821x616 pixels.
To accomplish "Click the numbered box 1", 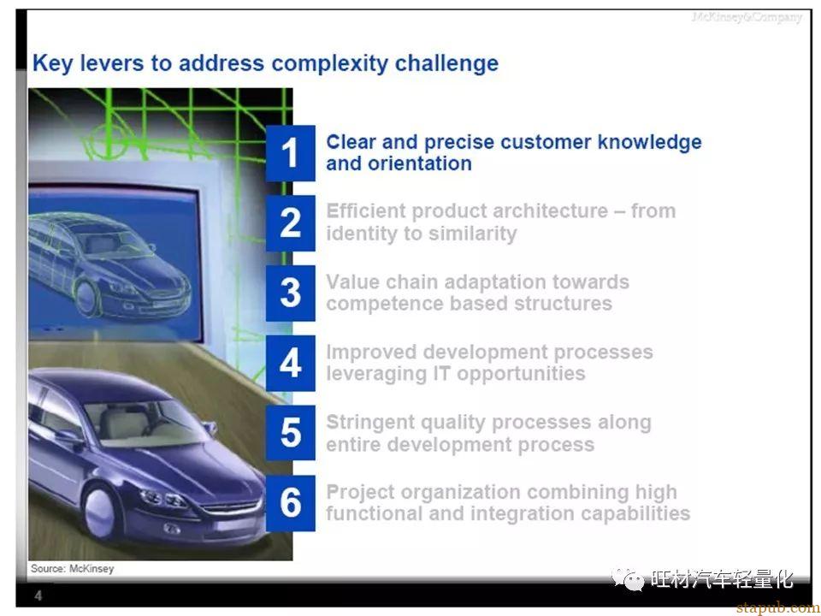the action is [290, 153].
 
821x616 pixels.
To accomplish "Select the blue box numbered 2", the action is [290, 223].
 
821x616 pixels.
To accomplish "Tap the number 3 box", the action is [290, 293].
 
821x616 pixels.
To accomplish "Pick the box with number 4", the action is [290, 363].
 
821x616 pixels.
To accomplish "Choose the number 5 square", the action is [290, 433].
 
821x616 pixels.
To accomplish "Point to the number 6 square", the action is [290, 503].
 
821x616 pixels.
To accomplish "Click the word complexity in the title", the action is [328, 64].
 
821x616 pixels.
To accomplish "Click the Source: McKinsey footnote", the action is [72, 569].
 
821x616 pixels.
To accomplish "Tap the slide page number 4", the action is [38, 595].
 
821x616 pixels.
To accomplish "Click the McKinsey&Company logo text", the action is [747, 17].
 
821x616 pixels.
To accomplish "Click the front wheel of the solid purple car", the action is [99, 511].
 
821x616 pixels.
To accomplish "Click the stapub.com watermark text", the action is [778, 608].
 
